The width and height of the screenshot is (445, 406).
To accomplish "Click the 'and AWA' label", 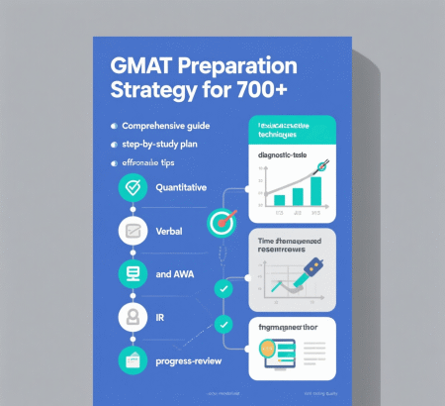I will click(175, 274).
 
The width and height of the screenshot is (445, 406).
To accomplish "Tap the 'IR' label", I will click(162, 318).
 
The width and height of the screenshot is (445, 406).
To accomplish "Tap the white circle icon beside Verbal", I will click(132, 232).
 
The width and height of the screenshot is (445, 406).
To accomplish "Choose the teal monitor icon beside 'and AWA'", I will click(132, 274).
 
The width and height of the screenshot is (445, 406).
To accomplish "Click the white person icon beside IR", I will click(132, 318).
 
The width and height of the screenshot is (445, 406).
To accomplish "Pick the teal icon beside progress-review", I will click(132, 360).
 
